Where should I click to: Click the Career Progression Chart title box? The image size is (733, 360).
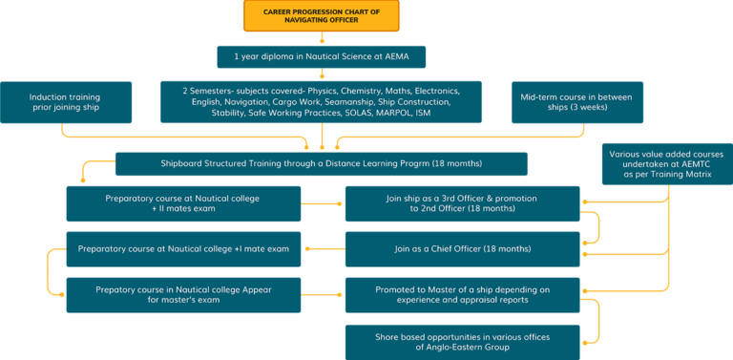tap(322, 16)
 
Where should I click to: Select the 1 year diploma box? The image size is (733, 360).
tap(321, 56)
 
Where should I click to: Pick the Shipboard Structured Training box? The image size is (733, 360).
tap(321, 163)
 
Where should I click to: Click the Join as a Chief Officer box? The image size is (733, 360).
tap(462, 248)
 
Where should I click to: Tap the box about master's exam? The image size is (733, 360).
tap(183, 295)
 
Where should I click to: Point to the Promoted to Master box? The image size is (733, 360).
tap(462, 295)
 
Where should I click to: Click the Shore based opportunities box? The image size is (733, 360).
tap(462, 341)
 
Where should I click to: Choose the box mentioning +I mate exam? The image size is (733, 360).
tap(183, 248)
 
